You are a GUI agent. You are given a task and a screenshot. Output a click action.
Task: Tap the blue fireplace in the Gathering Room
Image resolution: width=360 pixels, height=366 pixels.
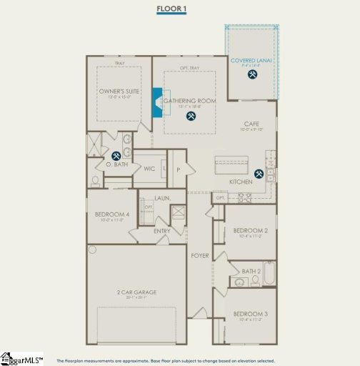pyautogui.click(x=157, y=102)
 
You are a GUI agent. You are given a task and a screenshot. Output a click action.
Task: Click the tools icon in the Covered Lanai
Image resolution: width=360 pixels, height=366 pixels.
pyautogui.click(x=251, y=80)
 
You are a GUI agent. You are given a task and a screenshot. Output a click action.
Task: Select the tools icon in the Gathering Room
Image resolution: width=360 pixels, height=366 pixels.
pyautogui.click(x=191, y=116)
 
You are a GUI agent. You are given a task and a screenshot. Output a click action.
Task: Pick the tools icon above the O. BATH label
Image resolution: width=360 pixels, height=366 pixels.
pyautogui.click(x=116, y=155)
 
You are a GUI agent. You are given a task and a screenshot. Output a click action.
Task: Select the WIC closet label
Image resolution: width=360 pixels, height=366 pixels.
pyautogui.click(x=149, y=169)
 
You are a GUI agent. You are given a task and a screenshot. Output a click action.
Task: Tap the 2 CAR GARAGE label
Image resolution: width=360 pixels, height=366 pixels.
pyautogui.click(x=136, y=292)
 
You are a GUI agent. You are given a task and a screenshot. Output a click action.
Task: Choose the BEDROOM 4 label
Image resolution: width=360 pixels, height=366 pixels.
pyautogui.click(x=112, y=214)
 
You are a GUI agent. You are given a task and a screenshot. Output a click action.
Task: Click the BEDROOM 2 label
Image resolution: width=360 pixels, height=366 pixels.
pyautogui.click(x=250, y=230)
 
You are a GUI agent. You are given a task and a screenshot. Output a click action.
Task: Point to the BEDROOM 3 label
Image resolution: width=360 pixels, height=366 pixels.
pyautogui.click(x=250, y=314)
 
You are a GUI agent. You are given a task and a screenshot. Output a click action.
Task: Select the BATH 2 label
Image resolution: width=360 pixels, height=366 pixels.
pyautogui.click(x=251, y=271)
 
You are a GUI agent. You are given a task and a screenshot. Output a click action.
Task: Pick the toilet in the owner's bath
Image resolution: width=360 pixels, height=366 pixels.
pyautogui.click(x=95, y=179)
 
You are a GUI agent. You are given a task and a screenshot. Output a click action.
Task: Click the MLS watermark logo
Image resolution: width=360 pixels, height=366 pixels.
pyautogui.click(x=21, y=357)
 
